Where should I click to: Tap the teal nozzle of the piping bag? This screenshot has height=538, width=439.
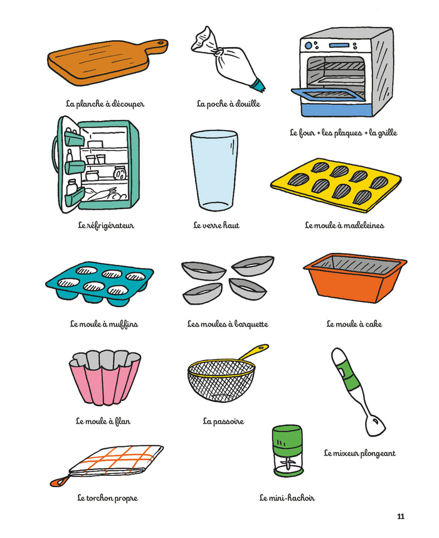coord(260,85)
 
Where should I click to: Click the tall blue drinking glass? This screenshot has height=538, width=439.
coord(214,170)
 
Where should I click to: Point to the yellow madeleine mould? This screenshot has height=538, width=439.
coord(336,185)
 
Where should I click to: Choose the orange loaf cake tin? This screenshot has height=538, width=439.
coord(355,278)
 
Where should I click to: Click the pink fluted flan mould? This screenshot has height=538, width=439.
coord(105,377)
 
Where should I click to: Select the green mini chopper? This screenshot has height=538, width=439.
coord(288,451)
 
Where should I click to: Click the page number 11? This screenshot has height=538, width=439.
coord(401,517)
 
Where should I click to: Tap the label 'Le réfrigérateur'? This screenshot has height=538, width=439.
coord(106,225)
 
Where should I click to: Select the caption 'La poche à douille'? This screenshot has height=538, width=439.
coord(228,104)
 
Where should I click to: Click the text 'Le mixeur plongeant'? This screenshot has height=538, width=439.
coord(360,453)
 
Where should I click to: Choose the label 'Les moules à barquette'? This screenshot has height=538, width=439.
coord(228,324)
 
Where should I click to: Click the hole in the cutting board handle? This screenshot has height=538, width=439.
coord(161,43)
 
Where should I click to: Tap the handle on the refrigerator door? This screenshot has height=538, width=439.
coord(55,154)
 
